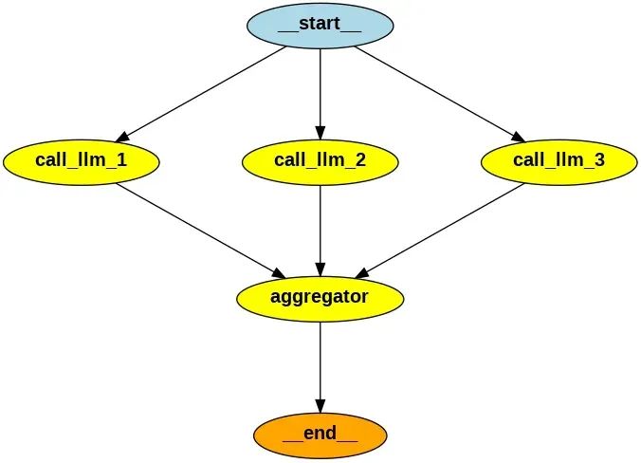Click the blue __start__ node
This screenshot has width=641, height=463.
click(x=320, y=25)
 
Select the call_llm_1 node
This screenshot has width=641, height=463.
click(x=81, y=160)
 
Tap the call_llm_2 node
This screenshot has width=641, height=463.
click(x=320, y=160)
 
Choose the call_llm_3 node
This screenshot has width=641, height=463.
click(x=559, y=160)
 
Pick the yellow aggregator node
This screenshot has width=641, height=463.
click(x=320, y=297)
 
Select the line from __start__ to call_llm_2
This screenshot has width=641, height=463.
click(x=320, y=90)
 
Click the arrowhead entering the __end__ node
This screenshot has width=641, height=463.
click(x=320, y=404)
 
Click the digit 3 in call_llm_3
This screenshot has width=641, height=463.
click(x=598, y=159)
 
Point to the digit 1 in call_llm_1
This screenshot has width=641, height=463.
click(x=120, y=159)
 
